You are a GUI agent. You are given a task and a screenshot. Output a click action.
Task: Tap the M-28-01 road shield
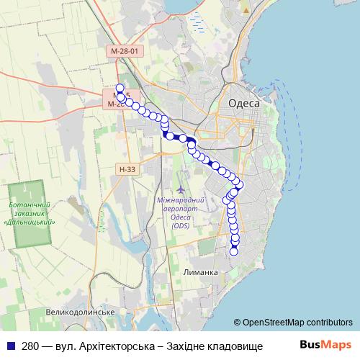coord(129,52)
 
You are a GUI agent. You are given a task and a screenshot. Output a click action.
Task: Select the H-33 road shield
coord(126,169)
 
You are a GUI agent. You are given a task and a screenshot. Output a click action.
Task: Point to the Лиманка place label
coord(201,273)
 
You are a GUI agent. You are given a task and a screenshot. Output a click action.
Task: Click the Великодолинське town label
coord(81,312)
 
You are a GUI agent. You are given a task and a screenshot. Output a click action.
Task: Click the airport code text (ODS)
coord(181,226)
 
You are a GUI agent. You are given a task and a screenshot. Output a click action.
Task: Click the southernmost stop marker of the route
coord(234,251)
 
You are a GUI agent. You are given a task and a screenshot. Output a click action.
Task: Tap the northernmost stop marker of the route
coord(120,89)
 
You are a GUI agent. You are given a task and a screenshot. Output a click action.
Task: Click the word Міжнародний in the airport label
coord(181,200)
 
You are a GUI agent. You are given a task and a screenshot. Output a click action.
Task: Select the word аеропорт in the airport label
coord(181,209)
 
